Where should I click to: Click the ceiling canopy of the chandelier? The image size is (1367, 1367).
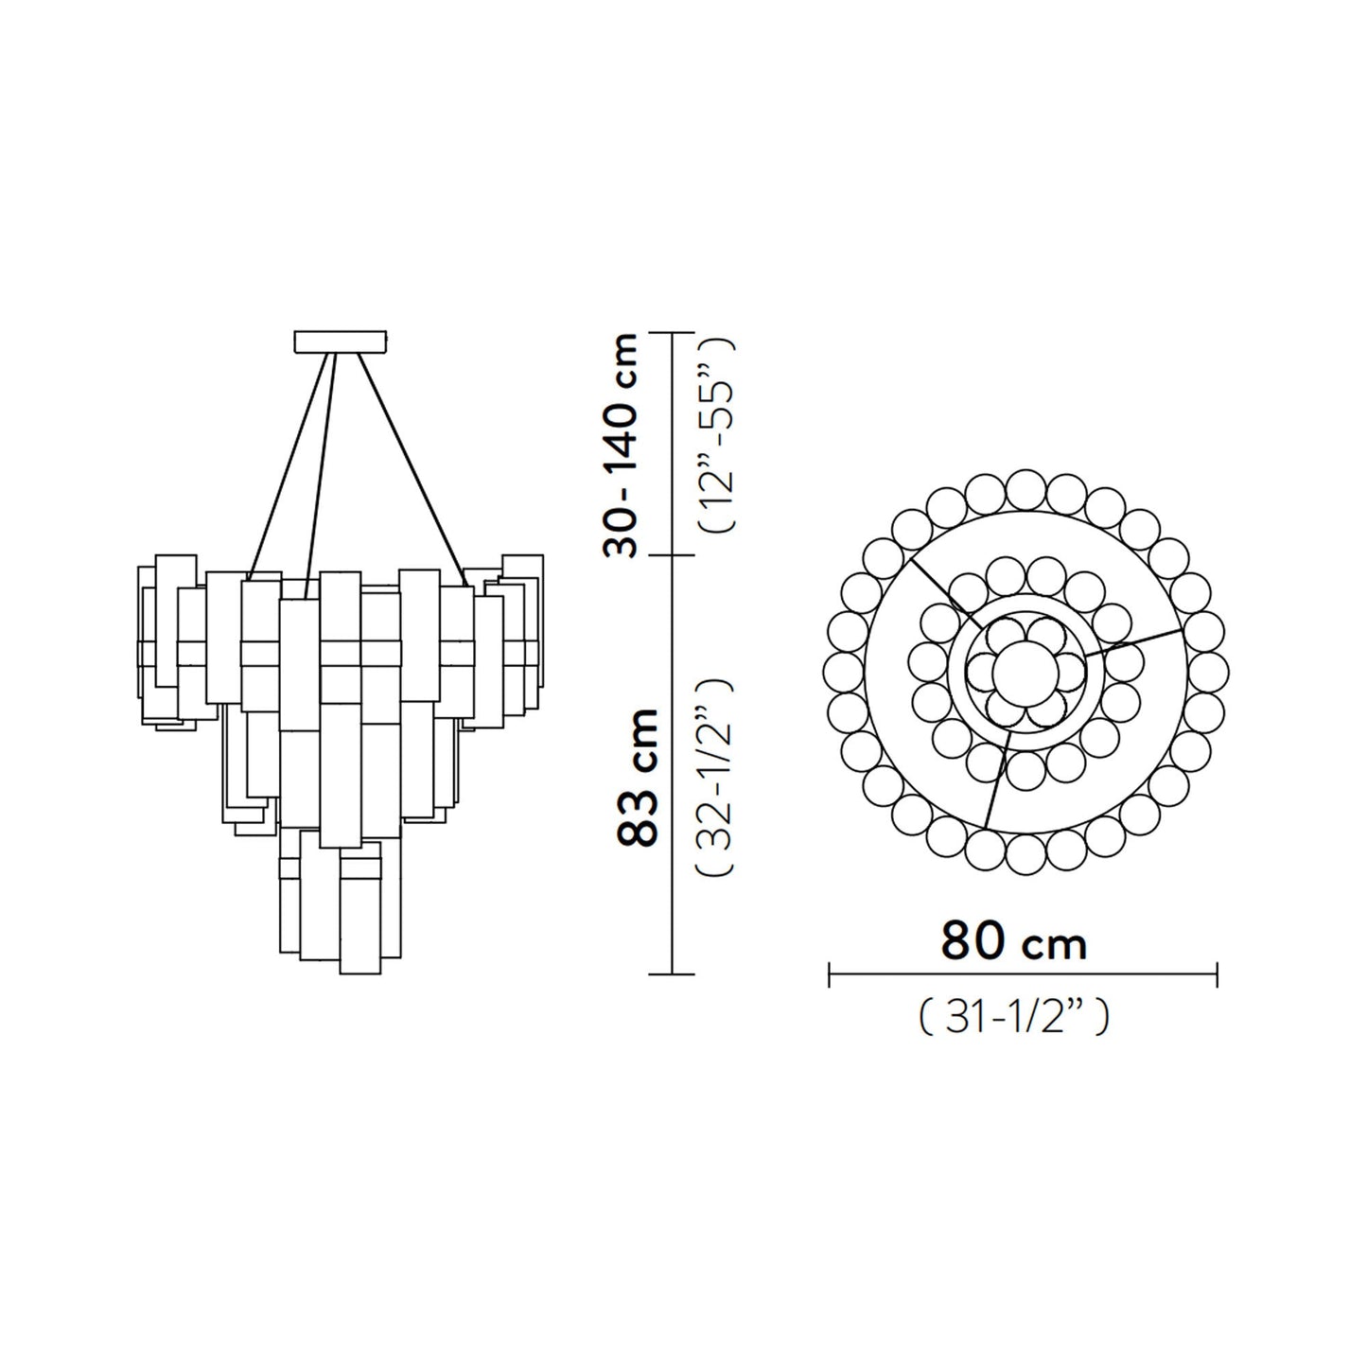point(341,341)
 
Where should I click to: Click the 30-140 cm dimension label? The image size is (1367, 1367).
point(620,445)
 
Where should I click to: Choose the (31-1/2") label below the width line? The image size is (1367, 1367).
point(1012,1019)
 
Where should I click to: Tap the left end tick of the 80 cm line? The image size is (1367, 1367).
point(830,973)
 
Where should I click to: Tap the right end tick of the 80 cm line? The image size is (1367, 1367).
point(1217,973)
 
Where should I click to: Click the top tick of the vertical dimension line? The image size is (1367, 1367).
point(671,334)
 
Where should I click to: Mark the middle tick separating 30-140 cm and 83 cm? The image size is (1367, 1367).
point(671,555)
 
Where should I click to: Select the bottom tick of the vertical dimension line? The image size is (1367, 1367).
point(671,973)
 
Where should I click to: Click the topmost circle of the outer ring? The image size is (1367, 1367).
point(1026,490)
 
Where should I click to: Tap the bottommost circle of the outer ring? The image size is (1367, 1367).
point(1026,855)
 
